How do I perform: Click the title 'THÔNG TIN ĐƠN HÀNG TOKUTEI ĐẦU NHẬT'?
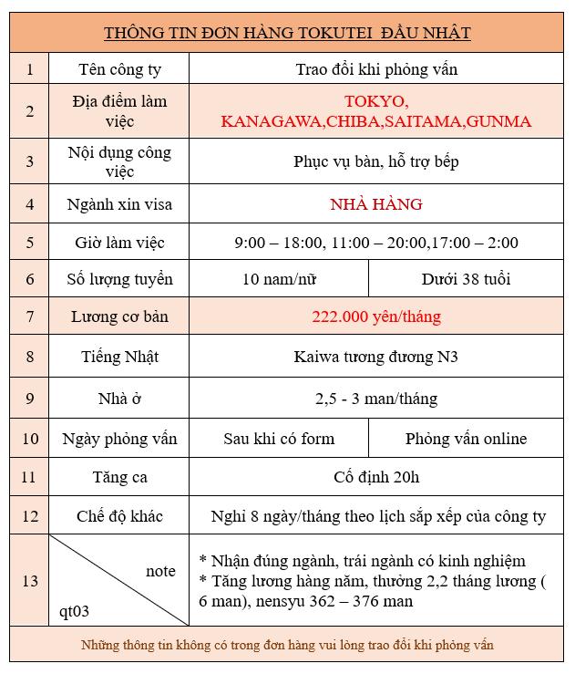(x=287, y=33)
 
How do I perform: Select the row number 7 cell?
(x=30, y=317)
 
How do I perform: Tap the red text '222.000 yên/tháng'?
(x=375, y=317)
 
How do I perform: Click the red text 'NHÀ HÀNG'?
(x=375, y=203)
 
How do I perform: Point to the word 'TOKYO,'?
(x=375, y=100)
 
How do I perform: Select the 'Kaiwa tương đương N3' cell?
(x=375, y=357)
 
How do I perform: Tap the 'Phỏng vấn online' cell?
(x=467, y=439)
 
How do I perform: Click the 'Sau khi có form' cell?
(x=279, y=439)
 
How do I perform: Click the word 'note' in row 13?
(x=160, y=571)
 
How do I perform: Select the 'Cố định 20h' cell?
(x=375, y=477)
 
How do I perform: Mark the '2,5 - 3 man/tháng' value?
(x=375, y=399)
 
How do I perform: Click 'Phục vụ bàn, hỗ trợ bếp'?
(x=375, y=161)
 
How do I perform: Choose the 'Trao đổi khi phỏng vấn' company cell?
(x=375, y=69)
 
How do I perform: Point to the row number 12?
(x=30, y=516)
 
